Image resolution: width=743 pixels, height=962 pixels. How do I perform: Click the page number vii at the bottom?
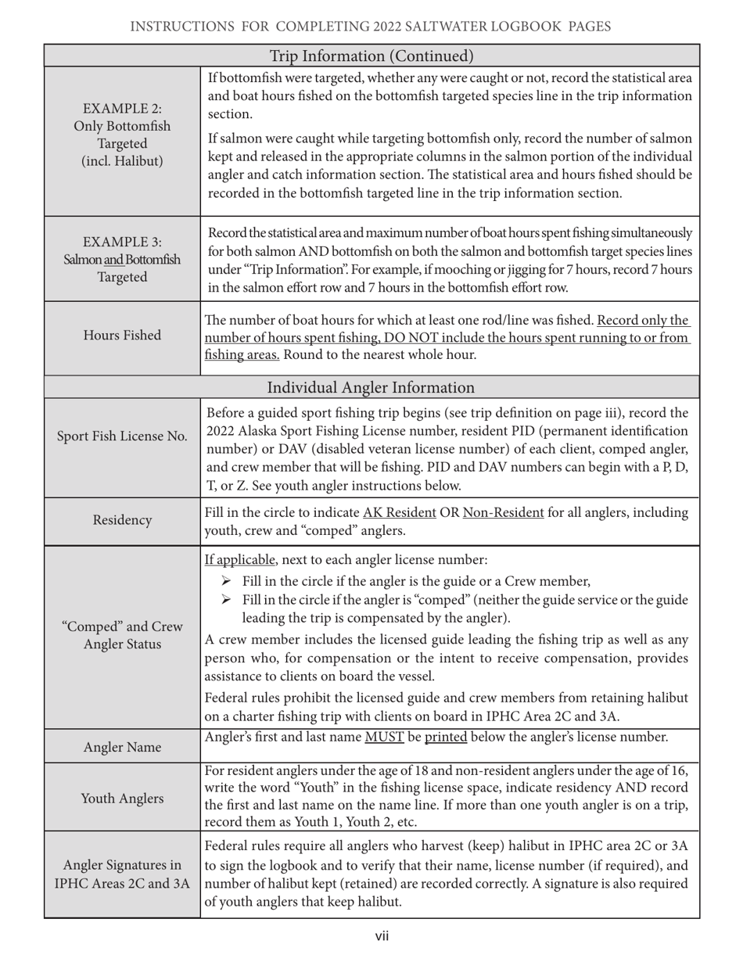pyautogui.click(x=382, y=936)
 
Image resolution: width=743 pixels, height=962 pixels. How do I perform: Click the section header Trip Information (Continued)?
pyautogui.click(x=371, y=56)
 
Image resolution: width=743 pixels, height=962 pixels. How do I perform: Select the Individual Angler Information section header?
pyautogui.click(x=371, y=388)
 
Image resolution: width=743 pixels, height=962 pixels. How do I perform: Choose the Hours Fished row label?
pyautogui.click(x=122, y=336)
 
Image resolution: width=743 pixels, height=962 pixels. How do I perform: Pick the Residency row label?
pyautogui.click(x=122, y=519)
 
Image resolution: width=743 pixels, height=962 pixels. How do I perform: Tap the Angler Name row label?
pyautogui.click(x=122, y=747)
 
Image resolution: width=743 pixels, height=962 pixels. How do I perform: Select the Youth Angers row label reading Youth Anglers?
pyautogui.click(x=122, y=798)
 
